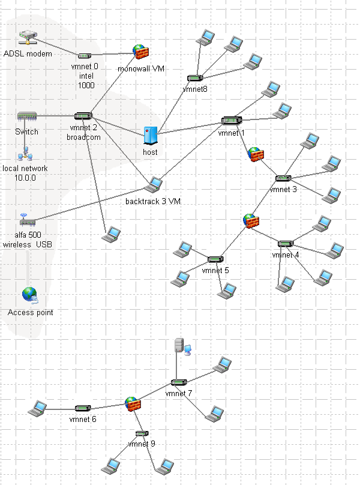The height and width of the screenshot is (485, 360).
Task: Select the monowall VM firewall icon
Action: tap(140, 52)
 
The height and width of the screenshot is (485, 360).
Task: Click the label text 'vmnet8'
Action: tap(195, 89)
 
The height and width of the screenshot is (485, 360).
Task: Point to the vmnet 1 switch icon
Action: tap(230, 121)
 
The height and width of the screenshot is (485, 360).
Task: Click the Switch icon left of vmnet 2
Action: tap(27, 116)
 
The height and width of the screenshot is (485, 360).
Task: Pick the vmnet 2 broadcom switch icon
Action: tap(83, 116)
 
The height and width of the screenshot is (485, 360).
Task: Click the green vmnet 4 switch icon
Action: tap(286, 244)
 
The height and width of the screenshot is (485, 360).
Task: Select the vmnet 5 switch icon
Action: tap(215, 259)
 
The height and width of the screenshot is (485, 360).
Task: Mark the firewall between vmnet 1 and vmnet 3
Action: tap(256, 154)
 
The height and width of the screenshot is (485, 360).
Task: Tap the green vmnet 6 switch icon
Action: tap(83, 408)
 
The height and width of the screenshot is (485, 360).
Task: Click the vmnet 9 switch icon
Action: tap(142, 433)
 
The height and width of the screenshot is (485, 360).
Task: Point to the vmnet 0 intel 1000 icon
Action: tap(85, 56)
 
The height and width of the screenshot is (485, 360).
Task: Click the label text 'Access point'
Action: tap(31, 313)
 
